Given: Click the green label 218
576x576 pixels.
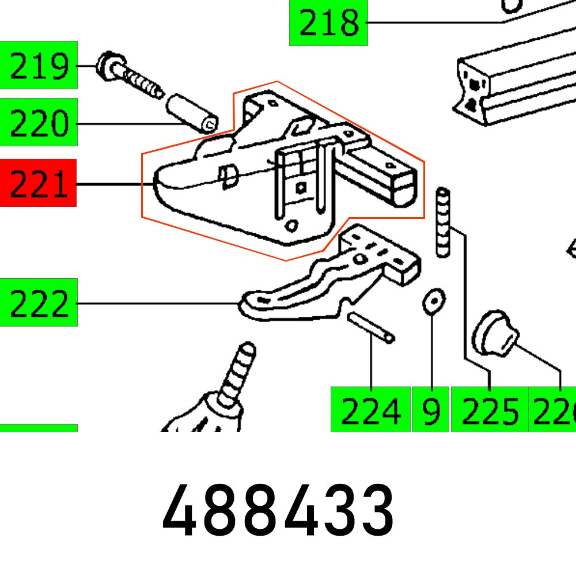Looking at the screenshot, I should [x=328, y=24].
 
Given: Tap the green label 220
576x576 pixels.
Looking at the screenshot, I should [x=39, y=123].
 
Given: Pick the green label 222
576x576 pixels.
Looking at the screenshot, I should [x=39, y=302].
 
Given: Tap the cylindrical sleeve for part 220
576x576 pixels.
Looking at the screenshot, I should [x=192, y=113].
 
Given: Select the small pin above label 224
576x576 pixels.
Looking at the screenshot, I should [x=371, y=327].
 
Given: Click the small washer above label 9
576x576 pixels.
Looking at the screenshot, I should [x=433, y=301].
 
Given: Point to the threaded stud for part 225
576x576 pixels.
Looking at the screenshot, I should [x=443, y=222].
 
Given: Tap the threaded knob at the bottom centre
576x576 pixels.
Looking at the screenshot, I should [x=222, y=397].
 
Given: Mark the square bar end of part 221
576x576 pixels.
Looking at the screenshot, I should [x=403, y=184].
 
